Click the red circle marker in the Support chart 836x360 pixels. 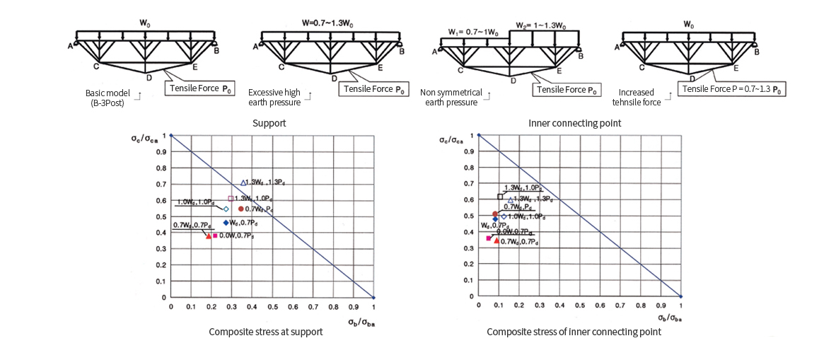click(241, 209)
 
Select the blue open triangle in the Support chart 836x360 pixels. click(243, 182)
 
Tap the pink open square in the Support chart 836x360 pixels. click(231, 199)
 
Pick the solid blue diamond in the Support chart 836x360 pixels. click(226, 223)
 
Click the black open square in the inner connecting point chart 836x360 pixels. click(500, 197)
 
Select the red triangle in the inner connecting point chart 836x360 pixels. click(497, 240)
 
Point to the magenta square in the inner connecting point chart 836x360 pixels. click(489, 238)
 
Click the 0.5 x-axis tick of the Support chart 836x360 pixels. click(272, 308)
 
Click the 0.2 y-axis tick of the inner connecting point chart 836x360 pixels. click(470, 265)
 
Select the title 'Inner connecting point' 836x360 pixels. click(575, 123)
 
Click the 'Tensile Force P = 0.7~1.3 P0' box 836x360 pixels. click(732, 90)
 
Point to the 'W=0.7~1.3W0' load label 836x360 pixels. click(327, 23)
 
